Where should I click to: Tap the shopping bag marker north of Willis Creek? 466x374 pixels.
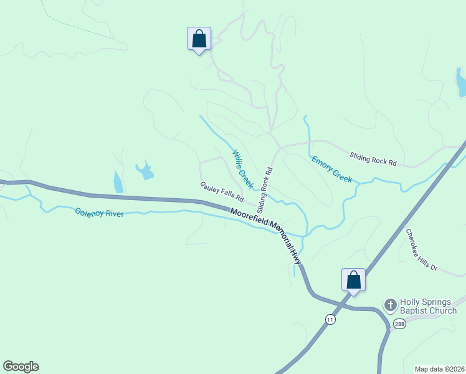(199, 39)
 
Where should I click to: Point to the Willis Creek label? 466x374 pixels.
(242, 169)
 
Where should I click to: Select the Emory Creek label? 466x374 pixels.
(332, 168)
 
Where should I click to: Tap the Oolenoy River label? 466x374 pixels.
(99, 213)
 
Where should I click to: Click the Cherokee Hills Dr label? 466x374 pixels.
(422, 249)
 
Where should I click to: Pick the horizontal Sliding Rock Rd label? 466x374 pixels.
(373, 160)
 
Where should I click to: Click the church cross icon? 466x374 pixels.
(390, 305)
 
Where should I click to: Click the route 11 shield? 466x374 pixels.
(330, 319)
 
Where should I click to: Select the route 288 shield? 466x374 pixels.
(399, 324)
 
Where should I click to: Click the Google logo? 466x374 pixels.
(21, 367)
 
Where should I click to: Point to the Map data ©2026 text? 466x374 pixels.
(439, 369)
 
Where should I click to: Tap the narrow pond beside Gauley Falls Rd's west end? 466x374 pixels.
(118, 182)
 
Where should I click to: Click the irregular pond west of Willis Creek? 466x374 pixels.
(145, 170)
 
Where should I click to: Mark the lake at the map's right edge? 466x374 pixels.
(461, 82)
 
